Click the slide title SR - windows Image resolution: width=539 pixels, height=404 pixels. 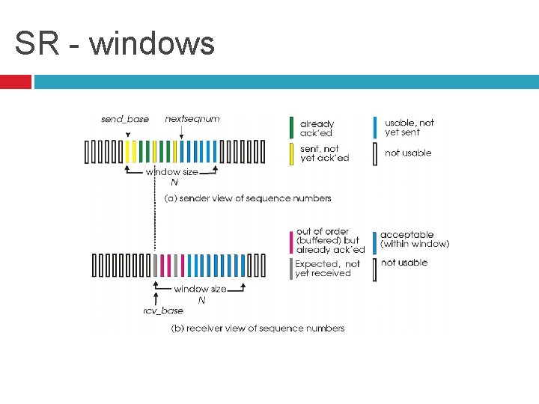coord(115,43)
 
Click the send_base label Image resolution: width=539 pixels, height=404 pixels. coord(125,119)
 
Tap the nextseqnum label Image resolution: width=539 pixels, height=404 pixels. coord(192,118)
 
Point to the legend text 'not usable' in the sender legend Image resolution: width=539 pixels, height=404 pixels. coord(408,153)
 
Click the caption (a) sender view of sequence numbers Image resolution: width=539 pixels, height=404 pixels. coord(248,198)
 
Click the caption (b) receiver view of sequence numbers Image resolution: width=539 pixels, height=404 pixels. coord(258,328)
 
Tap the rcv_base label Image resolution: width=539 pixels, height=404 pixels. coord(163,310)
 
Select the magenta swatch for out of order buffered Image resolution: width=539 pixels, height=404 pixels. coord(291,242)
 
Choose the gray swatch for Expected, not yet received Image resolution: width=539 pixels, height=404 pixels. coord(291,269)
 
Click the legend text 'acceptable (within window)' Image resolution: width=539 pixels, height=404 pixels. coord(415,239)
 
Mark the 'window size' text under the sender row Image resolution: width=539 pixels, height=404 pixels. coord(172,171)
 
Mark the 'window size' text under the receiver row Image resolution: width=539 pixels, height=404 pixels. coord(201,289)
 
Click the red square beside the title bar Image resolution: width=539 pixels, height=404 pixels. coord(15,81)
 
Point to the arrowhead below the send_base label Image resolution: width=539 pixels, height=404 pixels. coord(128,135)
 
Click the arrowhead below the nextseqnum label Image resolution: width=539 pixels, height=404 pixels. coord(182,135)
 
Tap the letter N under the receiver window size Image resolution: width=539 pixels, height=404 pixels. coord(201,300)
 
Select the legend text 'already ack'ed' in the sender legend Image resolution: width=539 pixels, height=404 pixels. coord(317,128)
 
